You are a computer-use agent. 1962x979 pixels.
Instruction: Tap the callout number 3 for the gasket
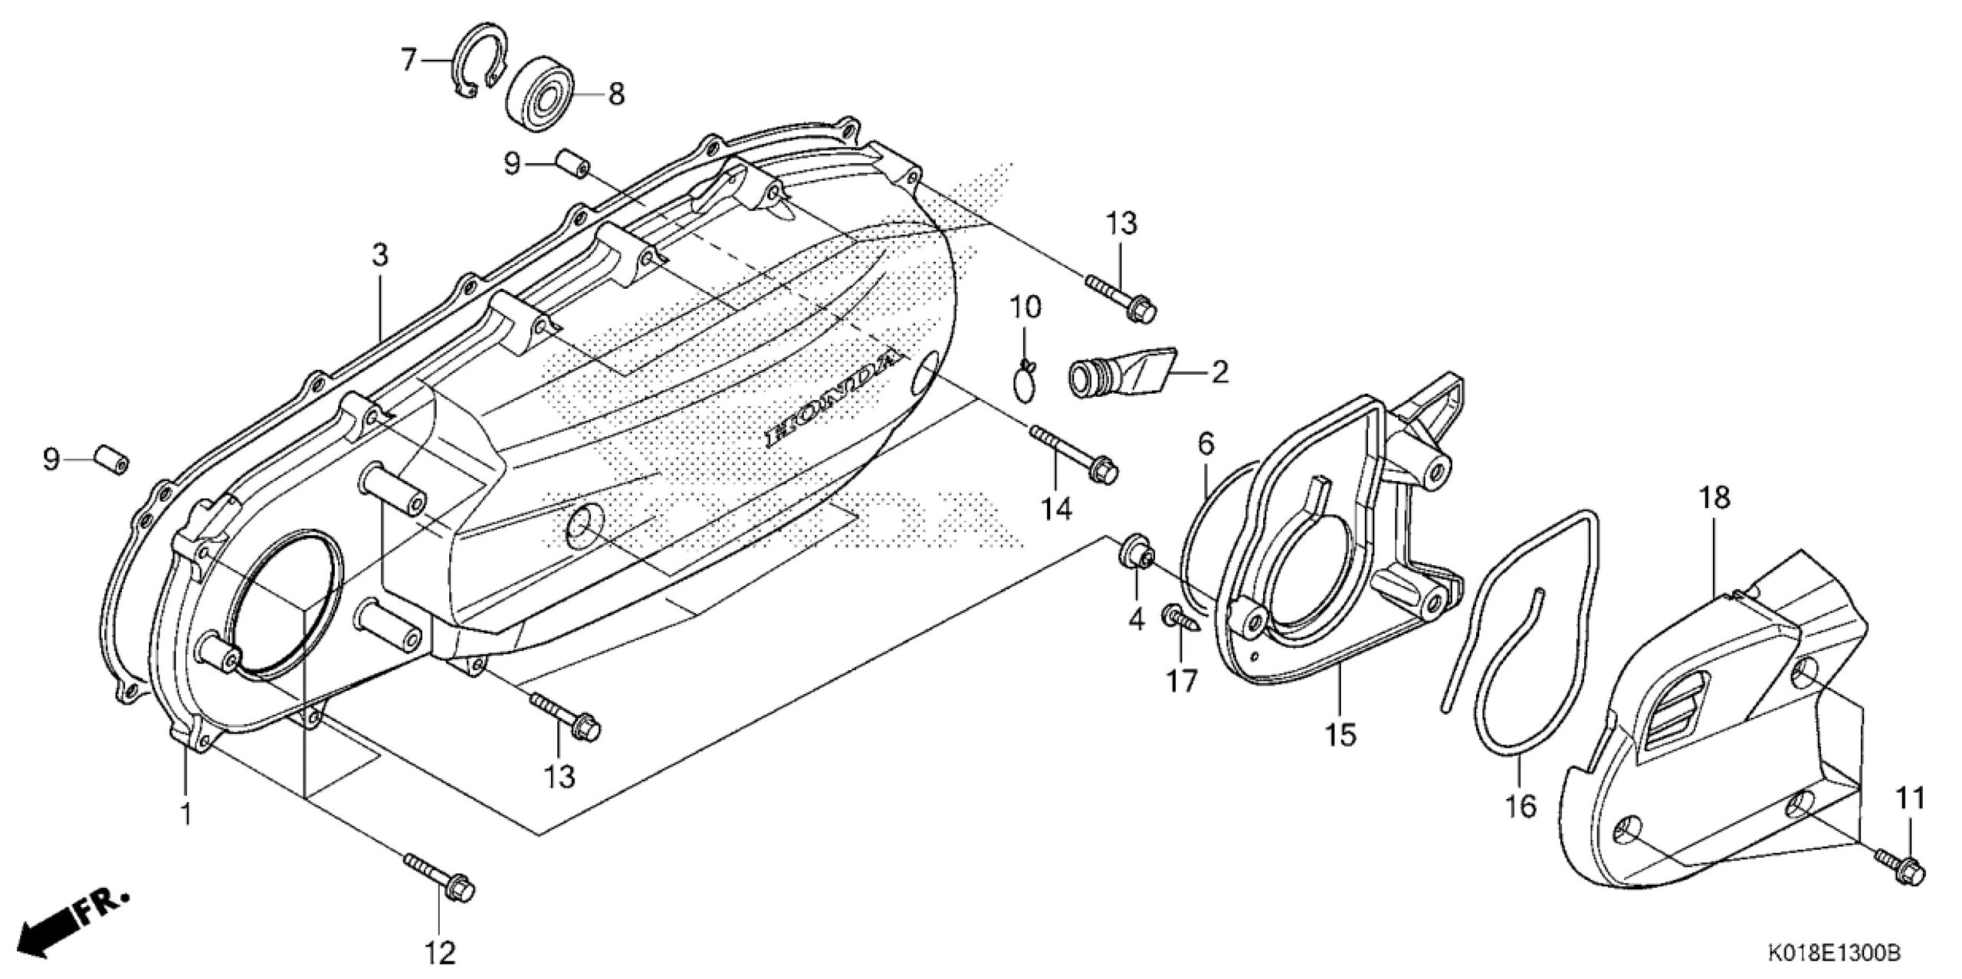[380, 256]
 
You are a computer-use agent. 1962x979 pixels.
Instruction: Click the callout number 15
[1342, 735]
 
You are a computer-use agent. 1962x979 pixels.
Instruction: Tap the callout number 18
[1715, 499]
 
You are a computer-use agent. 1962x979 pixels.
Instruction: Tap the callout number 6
[1206, 443]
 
